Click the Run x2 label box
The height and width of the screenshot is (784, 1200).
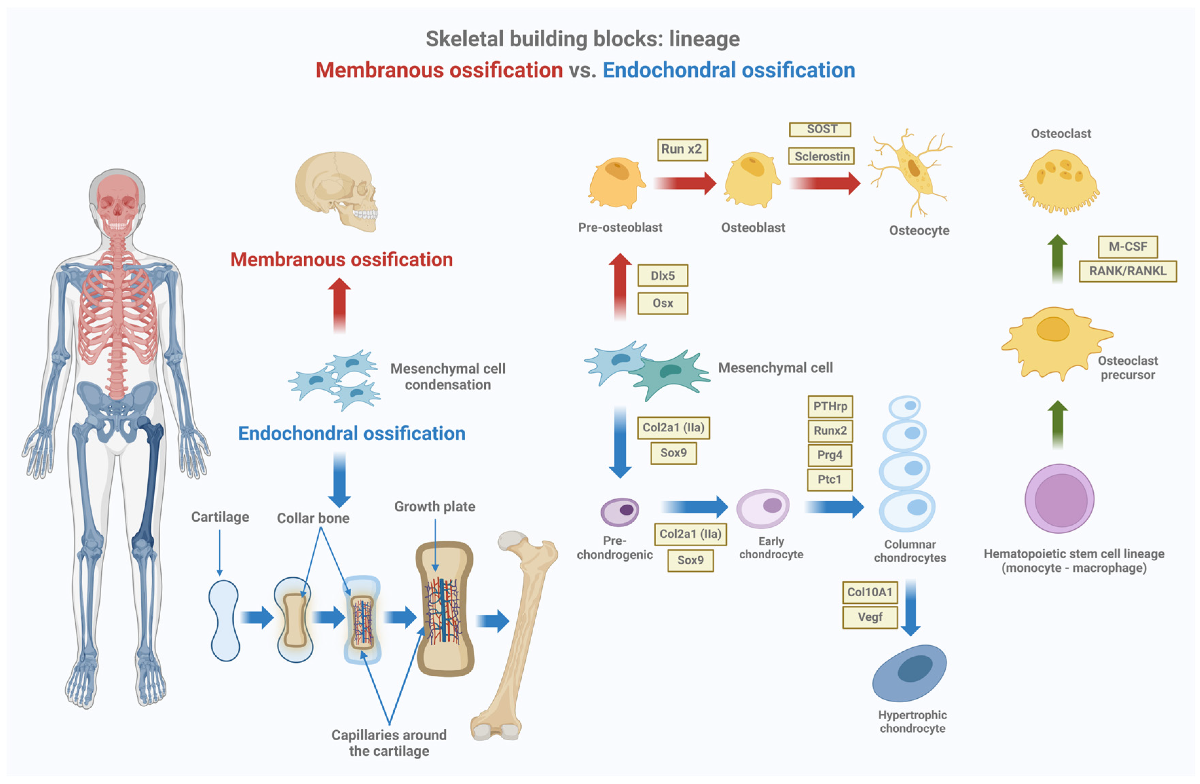[x=682, y=150]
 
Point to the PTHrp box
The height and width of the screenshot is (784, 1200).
[x=829, y=406]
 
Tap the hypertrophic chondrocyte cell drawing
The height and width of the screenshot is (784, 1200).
[x=910, y=673]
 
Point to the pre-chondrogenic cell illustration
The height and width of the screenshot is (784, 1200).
[x=619, y=511]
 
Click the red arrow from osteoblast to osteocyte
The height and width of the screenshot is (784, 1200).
[x=824, y=183]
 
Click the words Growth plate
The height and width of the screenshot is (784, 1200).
[x=434, y=506]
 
